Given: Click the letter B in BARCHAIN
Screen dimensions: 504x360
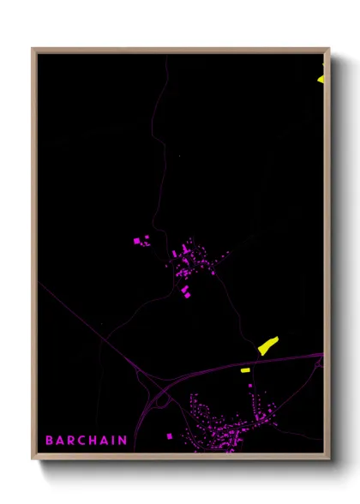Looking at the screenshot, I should click(x=49, y=441).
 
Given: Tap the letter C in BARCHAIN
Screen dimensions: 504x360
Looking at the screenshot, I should click(x=83, y=441).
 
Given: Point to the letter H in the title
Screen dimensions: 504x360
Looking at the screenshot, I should click(x=95, y=441).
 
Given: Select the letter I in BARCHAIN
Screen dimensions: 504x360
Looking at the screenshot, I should click(x=116, y=441).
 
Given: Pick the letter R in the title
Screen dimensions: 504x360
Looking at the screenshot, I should click(x=72, y=441).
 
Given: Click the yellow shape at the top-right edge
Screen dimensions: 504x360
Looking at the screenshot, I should click(x=321, y=79).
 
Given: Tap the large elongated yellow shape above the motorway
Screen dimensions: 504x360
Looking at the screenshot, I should click(x=268, y=345).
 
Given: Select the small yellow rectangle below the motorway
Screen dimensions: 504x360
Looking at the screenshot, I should click(x=245, y=370).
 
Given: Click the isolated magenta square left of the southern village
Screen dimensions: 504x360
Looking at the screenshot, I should click(x=169, y=436).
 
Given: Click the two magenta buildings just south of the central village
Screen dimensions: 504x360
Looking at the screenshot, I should click(x=185, y=292).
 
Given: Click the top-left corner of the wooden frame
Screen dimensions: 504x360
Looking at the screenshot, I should click(x=33, y=49).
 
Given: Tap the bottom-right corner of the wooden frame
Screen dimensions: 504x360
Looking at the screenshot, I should click(x=329, y=459).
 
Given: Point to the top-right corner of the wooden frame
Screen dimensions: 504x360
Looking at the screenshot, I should click(x=329, y=49).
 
